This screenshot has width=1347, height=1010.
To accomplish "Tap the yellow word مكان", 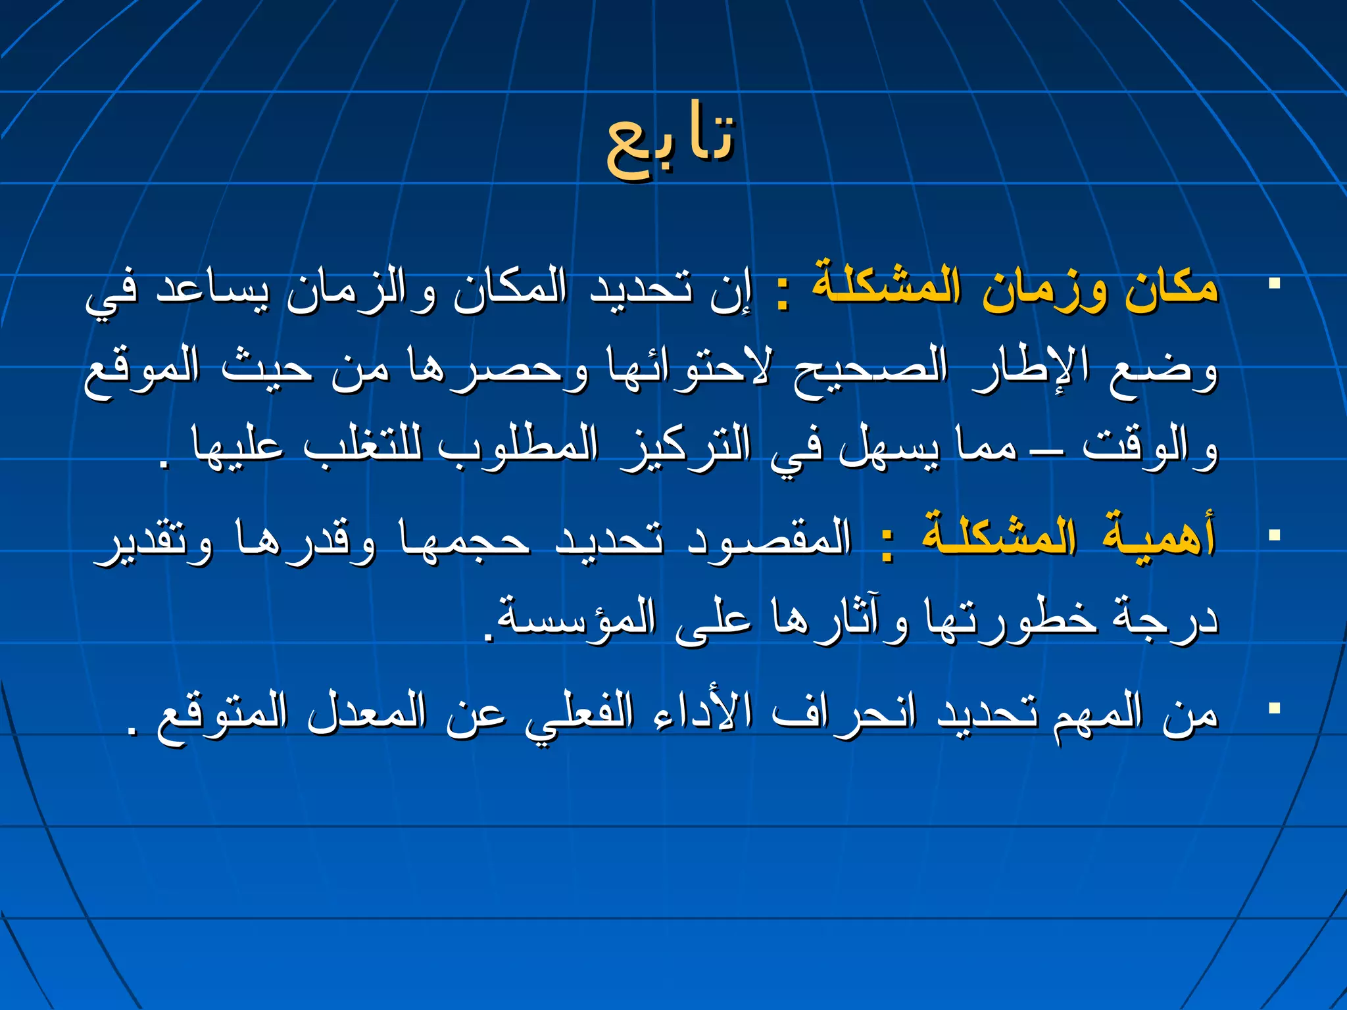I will [1171, 289].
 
